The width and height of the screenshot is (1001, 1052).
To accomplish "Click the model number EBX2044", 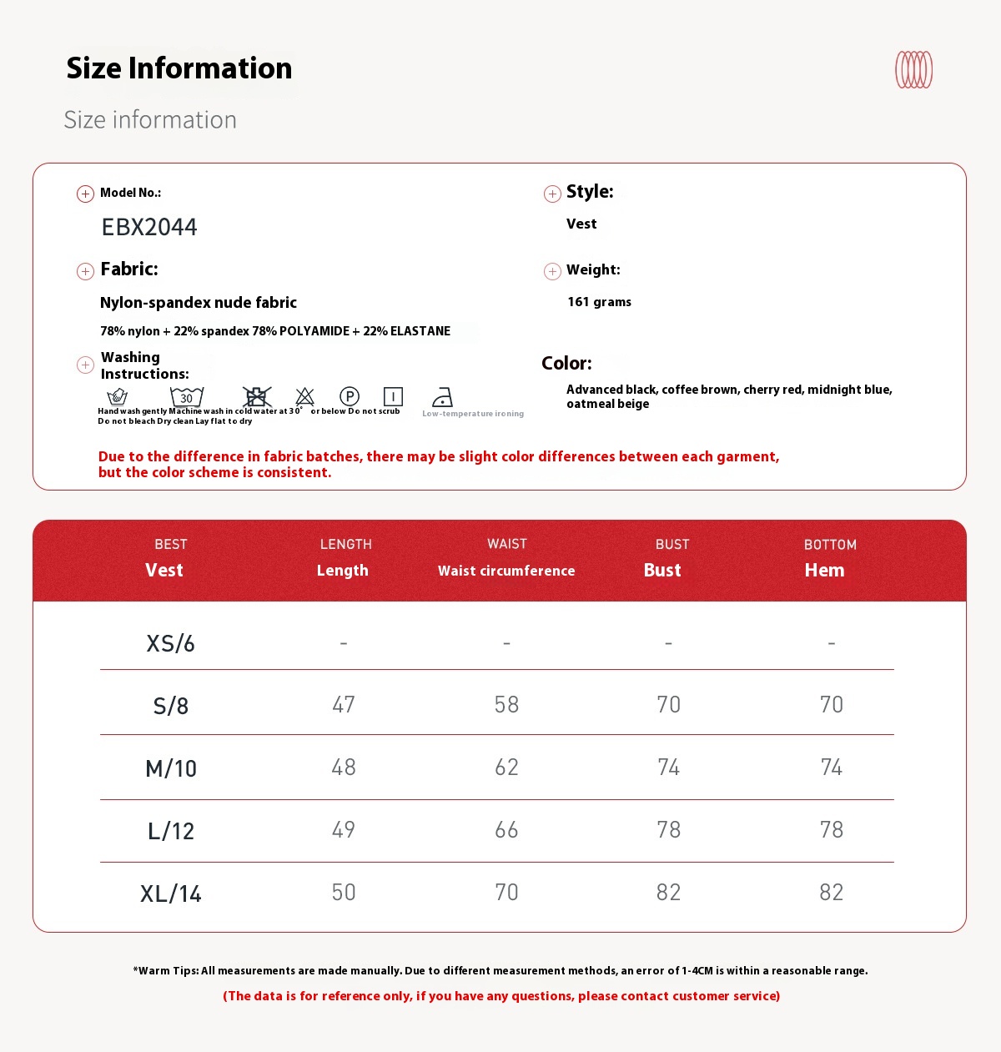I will click(x=149, y=227).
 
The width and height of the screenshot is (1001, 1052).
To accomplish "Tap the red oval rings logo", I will click(x=913, y=69).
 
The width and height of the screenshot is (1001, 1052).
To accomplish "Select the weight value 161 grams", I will click(x=599, y=302).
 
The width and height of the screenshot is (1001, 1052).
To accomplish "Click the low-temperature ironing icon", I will click(x=442, y=397).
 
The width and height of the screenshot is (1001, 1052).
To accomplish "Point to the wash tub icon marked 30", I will click(x=187, y=396).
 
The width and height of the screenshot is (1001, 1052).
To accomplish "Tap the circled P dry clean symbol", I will click(x=350, y=396).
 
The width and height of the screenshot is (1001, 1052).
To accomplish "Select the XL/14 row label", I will click(x=171, y=893).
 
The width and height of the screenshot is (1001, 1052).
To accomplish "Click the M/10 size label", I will click(x=171, y=768).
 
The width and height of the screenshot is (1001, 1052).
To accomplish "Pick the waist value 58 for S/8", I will click(x=506, y=705).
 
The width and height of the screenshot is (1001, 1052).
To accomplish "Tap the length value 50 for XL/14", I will click(x=344, y=893).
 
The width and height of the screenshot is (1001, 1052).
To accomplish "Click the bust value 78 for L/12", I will click(x=668, y=830).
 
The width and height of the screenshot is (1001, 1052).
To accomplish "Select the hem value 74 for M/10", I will click(x=831, y=768).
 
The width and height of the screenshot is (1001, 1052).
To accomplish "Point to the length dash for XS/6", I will click(x=344, y=643).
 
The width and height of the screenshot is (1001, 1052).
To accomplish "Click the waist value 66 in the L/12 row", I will click(x=506, y=830).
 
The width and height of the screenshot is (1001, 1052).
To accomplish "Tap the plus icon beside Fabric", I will click(x=85, y=271).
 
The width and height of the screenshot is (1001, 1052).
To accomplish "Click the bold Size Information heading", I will click(x=179, y=68).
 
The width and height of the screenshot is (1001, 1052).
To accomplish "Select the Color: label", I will click(x=566, y=363).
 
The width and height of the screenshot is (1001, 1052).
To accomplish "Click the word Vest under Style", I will click(x=581, y=224).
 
